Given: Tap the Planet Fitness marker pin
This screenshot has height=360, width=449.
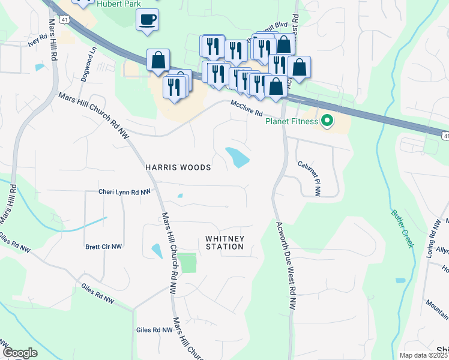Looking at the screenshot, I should pyautogui.click(x=327, y=122).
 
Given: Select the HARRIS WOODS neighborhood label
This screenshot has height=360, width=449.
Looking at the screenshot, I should pyautogui.click(x=178, y=167).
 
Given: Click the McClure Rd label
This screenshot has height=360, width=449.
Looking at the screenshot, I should pyautogui.click(x=247, y=109).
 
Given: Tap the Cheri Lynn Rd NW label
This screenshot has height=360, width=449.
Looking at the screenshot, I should pyautogui.click(x=124, y=192).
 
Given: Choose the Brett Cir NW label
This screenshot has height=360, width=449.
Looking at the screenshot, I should pyautogui.click(x=103, y=247).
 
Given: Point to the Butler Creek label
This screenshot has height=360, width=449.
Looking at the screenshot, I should pyautogui.click(x=402, y=228).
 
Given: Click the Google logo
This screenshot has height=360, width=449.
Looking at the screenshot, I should pyautogui.click(x=19, y=353).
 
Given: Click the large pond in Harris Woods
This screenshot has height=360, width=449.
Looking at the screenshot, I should pyautogui.click(x=237, y=157).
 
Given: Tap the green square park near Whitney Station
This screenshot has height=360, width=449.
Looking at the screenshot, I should pyautogui.click(x=188, y=263).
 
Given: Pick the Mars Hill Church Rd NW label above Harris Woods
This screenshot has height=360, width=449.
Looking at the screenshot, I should pyautogui.click(x=94, y=114).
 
